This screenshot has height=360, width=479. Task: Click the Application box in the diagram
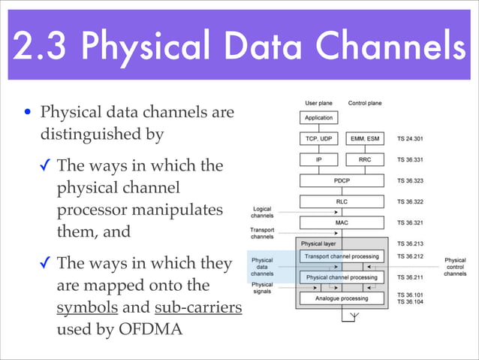tap(318, 118)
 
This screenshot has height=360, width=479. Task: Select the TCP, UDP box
tap(318, 138)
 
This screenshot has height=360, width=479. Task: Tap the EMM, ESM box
tap(364, 138)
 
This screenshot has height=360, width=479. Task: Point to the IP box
tap(318, 159)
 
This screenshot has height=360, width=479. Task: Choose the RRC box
tap(364, 159)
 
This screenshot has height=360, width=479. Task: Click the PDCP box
tap(342, 180)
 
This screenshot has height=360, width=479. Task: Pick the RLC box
tap(342, 201)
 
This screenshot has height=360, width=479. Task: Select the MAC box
tap(342, 222)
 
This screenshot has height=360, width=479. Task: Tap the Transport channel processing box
tap(341, 256)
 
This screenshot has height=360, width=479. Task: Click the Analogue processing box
tap(341, 298)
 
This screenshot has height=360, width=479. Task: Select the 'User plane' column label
tap(318, 102)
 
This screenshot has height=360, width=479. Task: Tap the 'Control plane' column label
tap(364, 102)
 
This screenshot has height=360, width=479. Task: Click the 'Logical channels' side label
tap(262, 212)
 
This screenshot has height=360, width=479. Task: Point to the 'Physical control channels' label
tap(455, 267)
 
